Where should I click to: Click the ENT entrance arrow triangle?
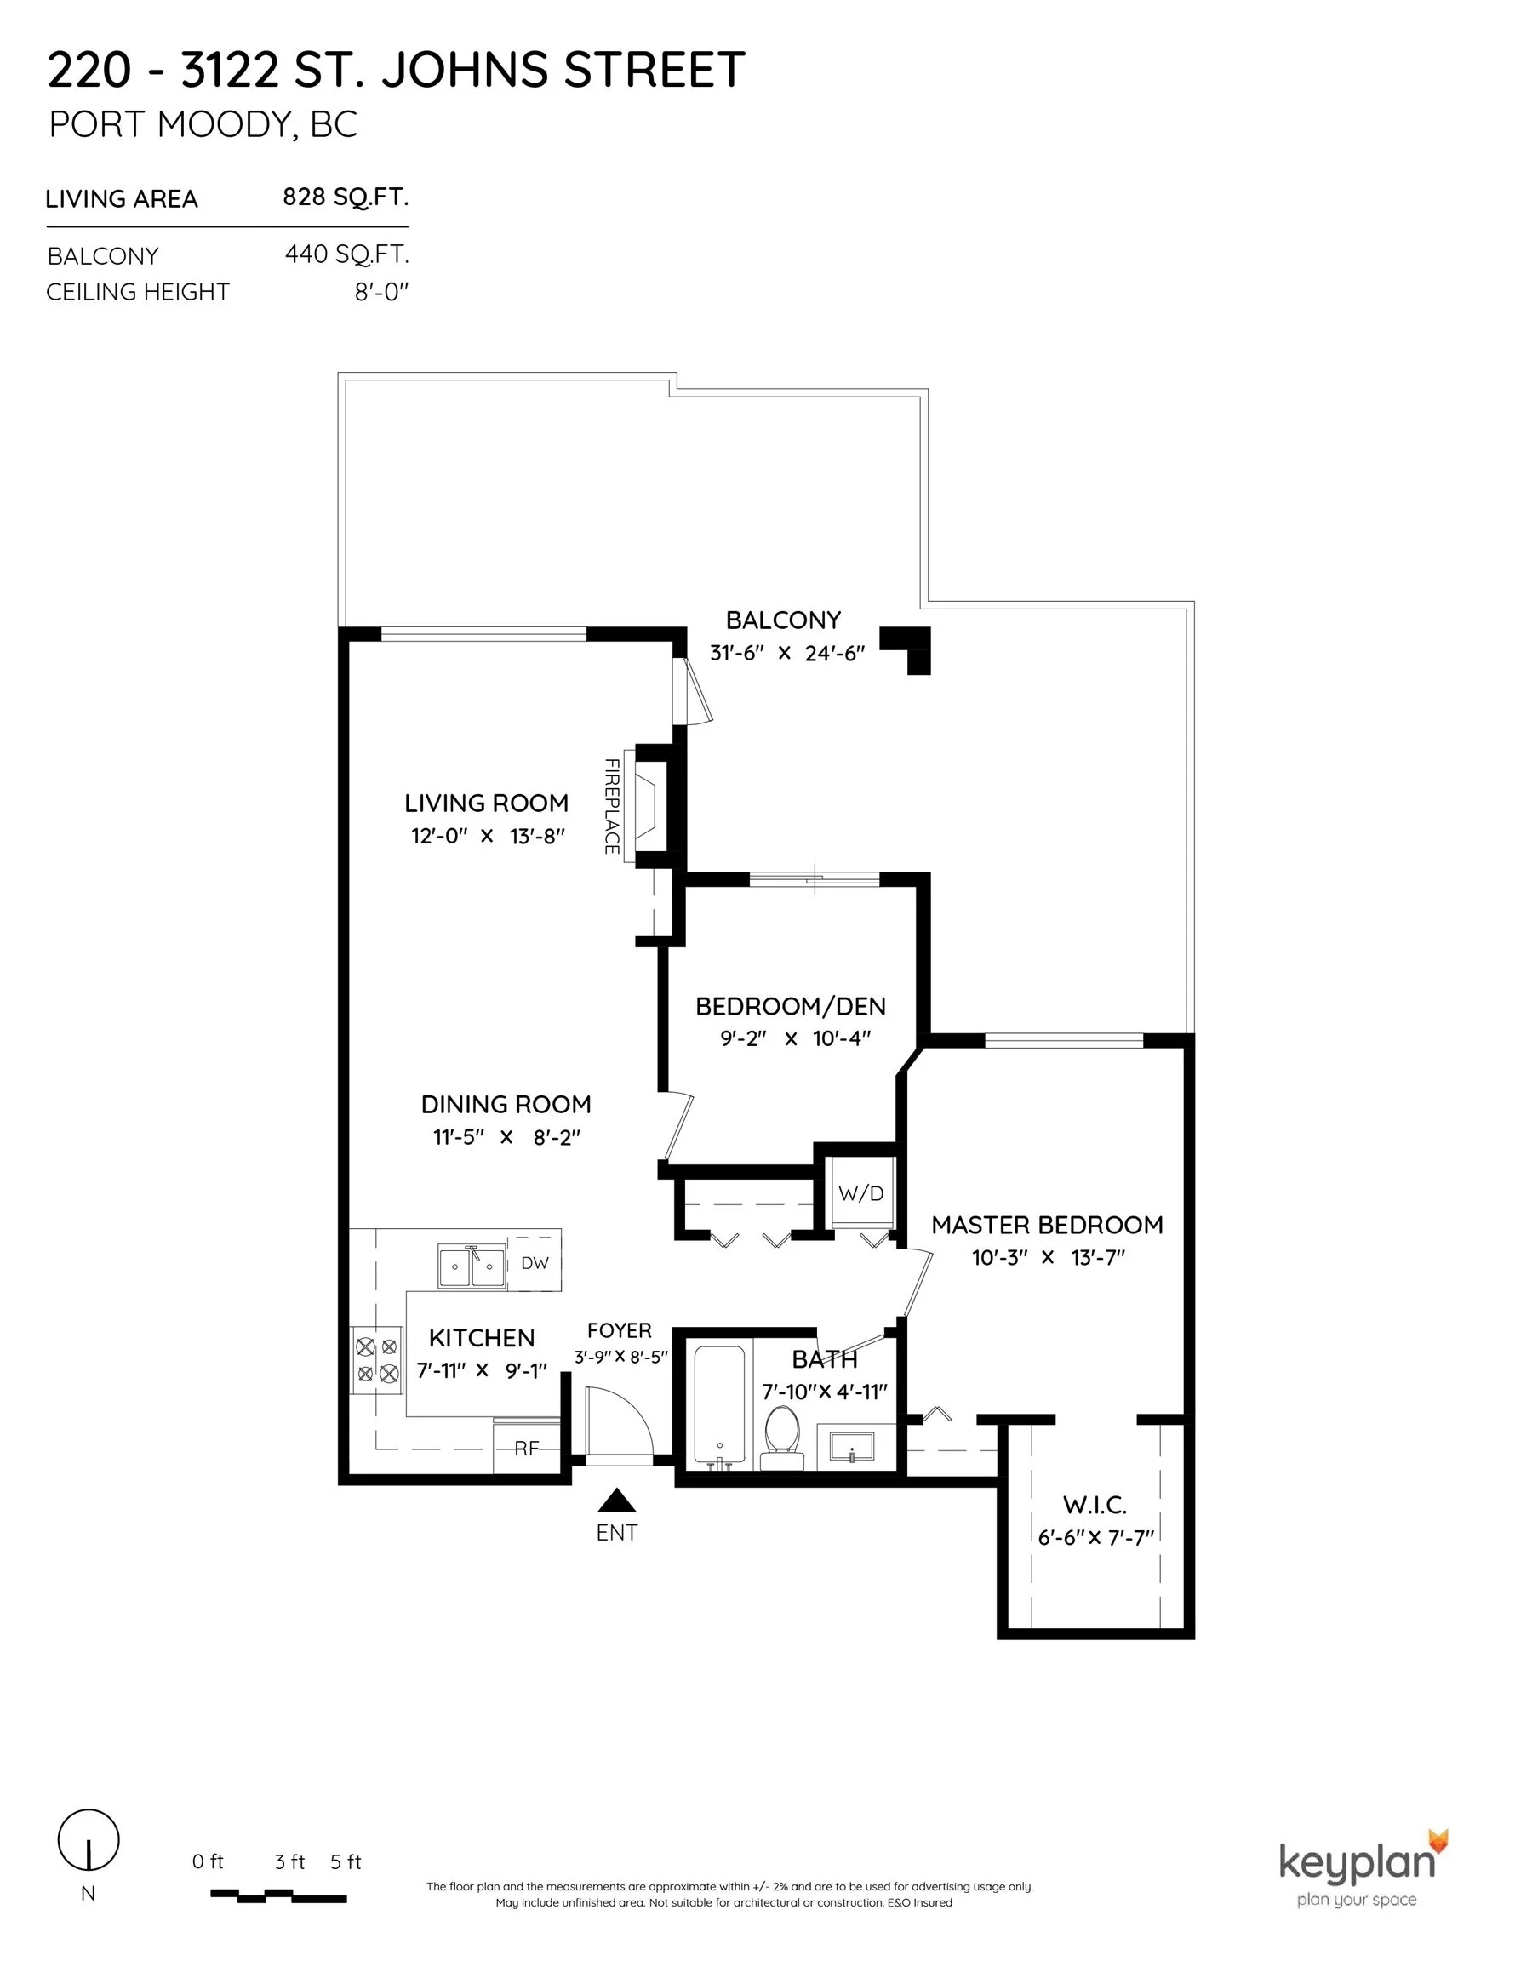tap(617, 1501)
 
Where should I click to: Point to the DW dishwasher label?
tap(535, 1263)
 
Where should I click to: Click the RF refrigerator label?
tap(526, 1448)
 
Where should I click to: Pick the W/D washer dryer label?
tap(861, 1193)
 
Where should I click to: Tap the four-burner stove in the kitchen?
tap(377, 1360)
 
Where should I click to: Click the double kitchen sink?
tap(472, 1266)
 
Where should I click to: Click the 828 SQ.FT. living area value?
tap(346, 197)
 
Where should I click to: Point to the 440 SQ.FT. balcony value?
tap(346, 255)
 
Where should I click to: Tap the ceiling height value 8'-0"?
tap(381, 292)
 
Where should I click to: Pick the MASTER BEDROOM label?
tap(1047, 1225)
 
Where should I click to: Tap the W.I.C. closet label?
tap(1095, 1505)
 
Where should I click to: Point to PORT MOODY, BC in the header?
tap(203, 125)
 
